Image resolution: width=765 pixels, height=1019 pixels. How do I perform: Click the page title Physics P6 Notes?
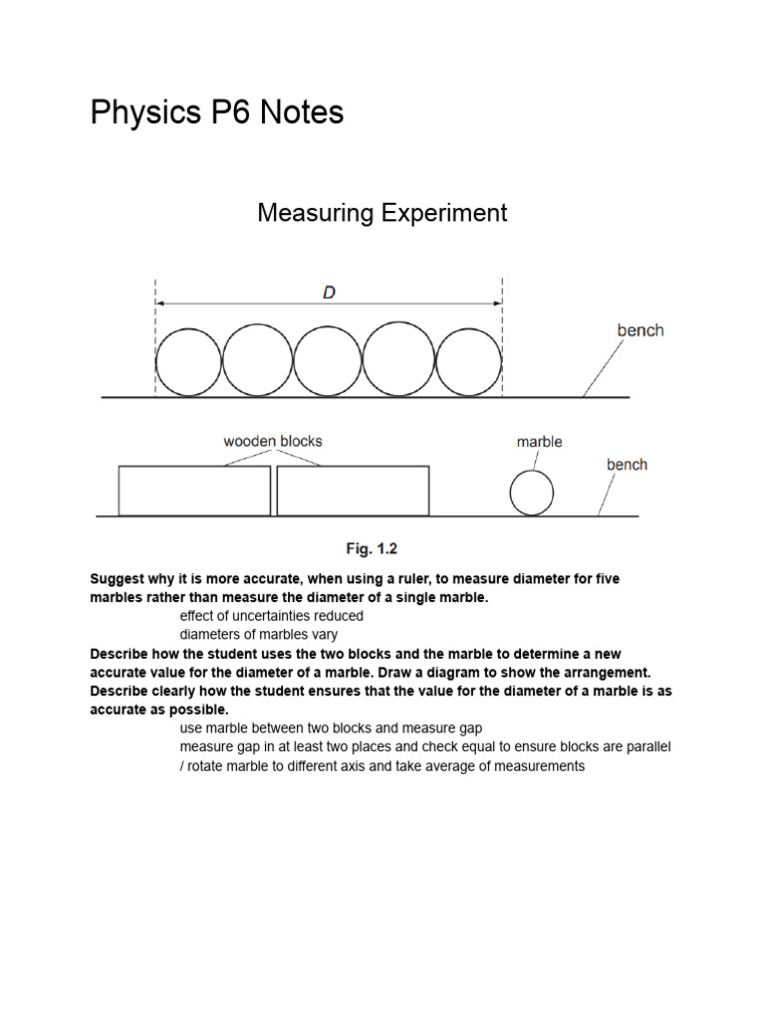click(x=217, y=113)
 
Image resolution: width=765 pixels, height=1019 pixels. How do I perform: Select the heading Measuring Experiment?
click(x=382, y=213)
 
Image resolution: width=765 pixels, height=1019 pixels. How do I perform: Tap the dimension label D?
click(x=329, y=293)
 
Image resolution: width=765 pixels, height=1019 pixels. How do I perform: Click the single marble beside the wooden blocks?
click(x=531, y=494)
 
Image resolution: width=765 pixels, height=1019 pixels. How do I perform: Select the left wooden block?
click(x=194, y=491)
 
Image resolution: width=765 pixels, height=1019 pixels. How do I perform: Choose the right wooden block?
click(x=353, y=491)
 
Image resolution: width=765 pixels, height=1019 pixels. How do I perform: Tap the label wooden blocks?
click(x=273, y=441)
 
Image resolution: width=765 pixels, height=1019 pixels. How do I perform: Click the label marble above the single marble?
click(x=539, y=442)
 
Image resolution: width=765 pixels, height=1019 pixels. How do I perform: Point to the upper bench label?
click(x=639, y=330)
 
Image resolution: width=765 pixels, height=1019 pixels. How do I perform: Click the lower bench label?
click(x=627, y=465)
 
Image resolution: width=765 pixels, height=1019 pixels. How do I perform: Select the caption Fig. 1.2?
click(x=372, y=548)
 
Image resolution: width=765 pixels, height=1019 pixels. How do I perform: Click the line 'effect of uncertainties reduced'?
click(x=271, y=616)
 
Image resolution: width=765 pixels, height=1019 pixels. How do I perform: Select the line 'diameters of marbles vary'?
click(x=258, y=634)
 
